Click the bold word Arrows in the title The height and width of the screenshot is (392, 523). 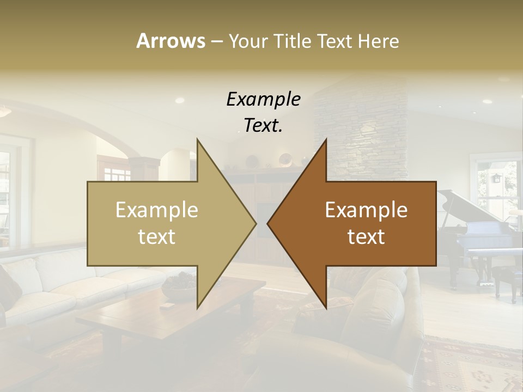(171, 41)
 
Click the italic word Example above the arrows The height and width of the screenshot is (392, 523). (263, 100)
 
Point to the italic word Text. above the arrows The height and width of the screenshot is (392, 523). (263, 126)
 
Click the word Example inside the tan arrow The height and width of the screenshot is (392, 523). (157, 210)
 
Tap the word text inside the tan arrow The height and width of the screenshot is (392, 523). (157, 236)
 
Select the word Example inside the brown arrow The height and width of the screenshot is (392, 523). (366, 210)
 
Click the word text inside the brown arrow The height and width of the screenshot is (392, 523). (366, 236)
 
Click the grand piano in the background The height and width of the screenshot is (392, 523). (479, 234)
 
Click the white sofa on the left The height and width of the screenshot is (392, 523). (49, 289)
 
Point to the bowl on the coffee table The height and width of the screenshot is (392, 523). (180, 286)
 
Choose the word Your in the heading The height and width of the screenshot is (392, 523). (248, 41)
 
